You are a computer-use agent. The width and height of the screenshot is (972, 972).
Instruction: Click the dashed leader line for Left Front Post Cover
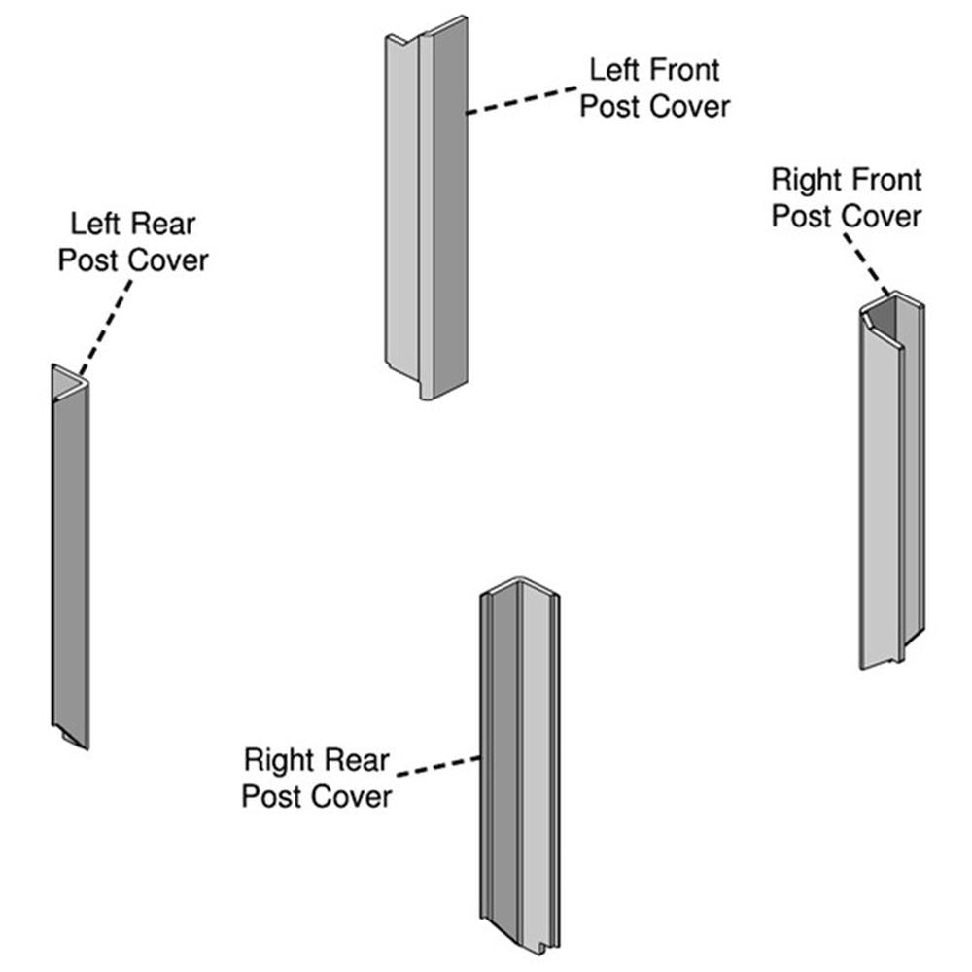coord(525,99)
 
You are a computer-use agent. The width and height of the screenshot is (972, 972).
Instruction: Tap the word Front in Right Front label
coord(885,180)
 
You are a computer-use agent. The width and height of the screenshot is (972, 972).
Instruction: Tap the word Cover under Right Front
coord(881,216)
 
